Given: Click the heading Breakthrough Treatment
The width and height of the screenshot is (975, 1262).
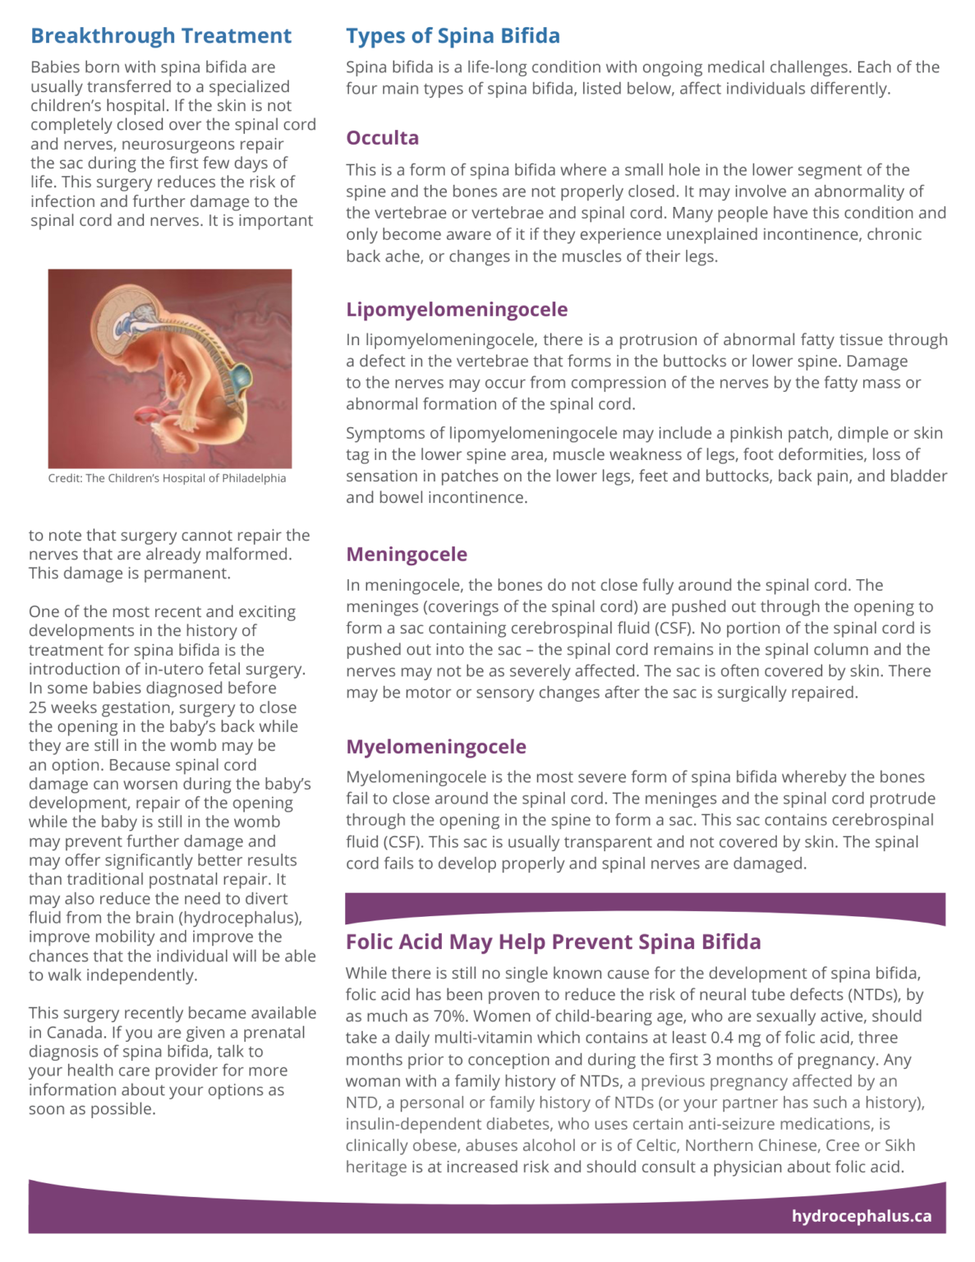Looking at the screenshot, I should [161, 36].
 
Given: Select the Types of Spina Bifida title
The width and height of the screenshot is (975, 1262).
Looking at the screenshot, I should [453, 36].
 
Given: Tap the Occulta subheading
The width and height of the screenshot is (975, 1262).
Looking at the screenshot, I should [382, 138].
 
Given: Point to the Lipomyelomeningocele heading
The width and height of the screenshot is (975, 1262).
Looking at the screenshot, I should [457, 310].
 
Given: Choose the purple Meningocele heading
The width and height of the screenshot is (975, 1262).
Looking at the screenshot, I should [407, 555].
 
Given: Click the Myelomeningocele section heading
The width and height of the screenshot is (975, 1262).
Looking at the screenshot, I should [436, 747].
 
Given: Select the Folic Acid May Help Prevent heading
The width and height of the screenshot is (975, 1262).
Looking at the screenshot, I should [553, 942].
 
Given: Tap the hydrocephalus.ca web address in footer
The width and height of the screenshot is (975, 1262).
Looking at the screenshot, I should [861, 1216].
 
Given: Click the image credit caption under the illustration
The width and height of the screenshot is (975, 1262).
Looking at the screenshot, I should [167, 478].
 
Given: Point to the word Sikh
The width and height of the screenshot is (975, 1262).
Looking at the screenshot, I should [899, 1145].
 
